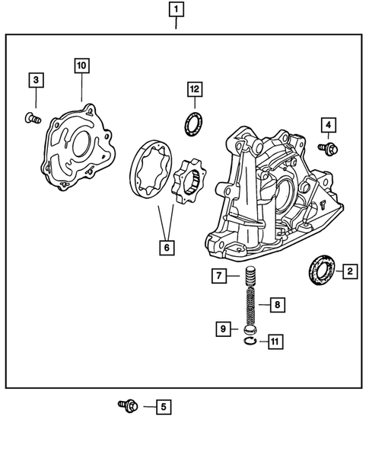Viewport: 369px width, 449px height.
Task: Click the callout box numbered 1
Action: pyautogui.click(x=176, y=11)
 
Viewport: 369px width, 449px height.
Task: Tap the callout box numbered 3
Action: pyautogui.click(x=36, y=79)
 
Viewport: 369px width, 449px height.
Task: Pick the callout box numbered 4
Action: pyautogui.click(x=328, y=124)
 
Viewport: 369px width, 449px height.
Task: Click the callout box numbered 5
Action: pyautogui.click(x=161, y=406)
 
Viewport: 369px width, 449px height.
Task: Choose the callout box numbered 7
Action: pyautogui.click(x=219, y=275)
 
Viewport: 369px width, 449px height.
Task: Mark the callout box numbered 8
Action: pyautogui.click(x=277, y=305)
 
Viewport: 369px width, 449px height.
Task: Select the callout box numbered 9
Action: pyautogui.click(x=223, y=329)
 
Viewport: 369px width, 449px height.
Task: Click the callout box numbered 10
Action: pyautogui.click(x=81, y=66)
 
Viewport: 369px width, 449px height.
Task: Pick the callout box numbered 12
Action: pyautogui.click(x=195, y=90)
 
